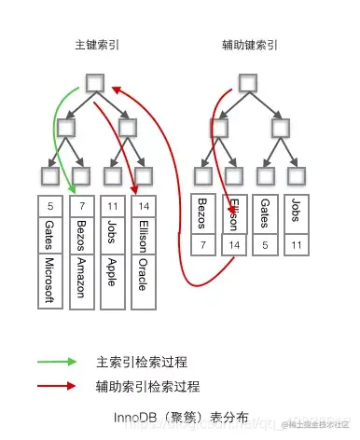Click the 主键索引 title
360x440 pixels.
(98, 45)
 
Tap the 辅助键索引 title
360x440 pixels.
(249, 45)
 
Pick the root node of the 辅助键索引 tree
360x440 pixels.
(248, 83)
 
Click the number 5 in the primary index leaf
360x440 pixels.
(51, 204)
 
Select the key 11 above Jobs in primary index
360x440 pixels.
(113, 204)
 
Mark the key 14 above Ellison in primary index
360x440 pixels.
(143, 204)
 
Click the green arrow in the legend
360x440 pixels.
(56, 362)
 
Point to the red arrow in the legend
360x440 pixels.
(56, 385)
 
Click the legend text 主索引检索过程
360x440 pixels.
(141, 362)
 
